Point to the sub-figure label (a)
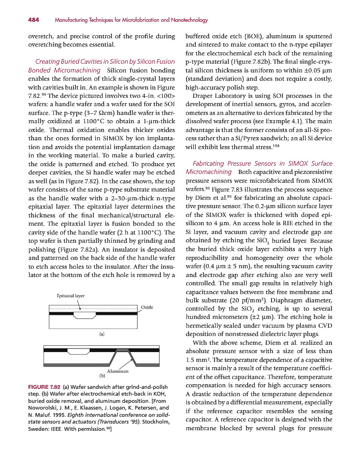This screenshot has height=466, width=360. [103, 334]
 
